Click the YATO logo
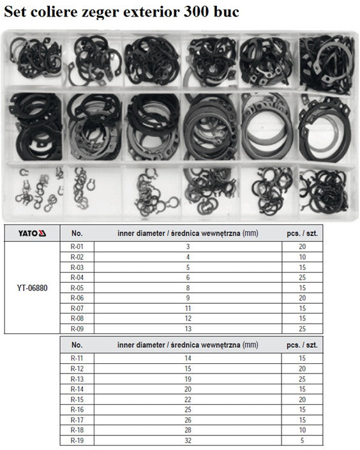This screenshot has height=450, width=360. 32,234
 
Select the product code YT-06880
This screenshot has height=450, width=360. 32,288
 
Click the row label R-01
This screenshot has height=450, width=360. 77,246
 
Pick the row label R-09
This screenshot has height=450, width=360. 77,329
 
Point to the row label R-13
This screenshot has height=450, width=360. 77,379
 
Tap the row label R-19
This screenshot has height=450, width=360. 77,440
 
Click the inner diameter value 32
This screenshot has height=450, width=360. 188,440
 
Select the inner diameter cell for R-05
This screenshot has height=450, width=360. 188,288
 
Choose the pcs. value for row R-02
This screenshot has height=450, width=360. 303,257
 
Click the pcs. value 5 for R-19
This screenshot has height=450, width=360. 303,440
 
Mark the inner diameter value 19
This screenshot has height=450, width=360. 188,379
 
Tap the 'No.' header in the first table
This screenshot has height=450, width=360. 77,234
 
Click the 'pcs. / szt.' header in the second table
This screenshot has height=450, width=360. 303,345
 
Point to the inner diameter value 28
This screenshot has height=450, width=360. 188,430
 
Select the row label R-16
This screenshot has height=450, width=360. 77,410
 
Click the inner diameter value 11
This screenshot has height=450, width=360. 188,308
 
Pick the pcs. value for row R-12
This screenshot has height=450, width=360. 303,369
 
